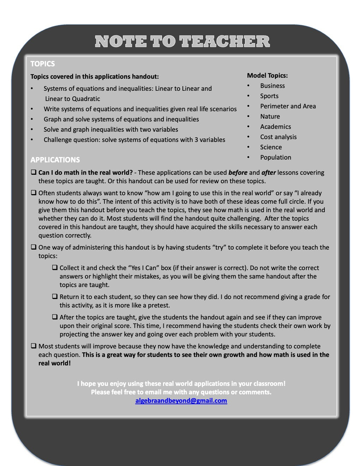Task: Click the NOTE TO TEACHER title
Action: pyautogui.click(x=182, y=42)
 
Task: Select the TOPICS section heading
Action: pyautogui.click(x=43, y=64)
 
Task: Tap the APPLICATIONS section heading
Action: pyautogui.click(x=55, y=160)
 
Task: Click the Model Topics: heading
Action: pyautogui.click(x=267, y=76)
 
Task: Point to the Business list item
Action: pyautogui.click(x=272, y=86)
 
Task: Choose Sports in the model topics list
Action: pyautogui.click(x=269, y=96)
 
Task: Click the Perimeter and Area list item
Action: pyautogui.click(x=288, y=106)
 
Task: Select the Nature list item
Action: pyautogui.click(x=270, y=116)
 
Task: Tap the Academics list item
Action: pyautogui.click(x=275, y=127)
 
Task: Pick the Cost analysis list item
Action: pyautogui.click(x=278, y=137)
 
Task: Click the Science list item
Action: pyautogui.click(x=271, y=147)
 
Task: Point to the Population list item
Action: pyautogui.click(x=275, y=157)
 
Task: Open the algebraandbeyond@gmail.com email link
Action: pyautogui.click(x=181, y=401)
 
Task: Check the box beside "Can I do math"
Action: pyautogui.click(x=34, y=173)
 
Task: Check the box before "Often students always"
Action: pyautogui.click(x=34, y=193)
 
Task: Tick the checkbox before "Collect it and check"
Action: pyautogui.click(x=55, y=268)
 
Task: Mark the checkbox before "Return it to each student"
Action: pyautogui.click(x=55, y=297)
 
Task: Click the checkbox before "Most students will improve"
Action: pyautogui.click(x=34, y=346)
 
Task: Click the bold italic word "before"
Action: pyautogui.click(x=238, y=173)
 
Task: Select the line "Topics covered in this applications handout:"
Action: pyautogui.click(x=95, y=77)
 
